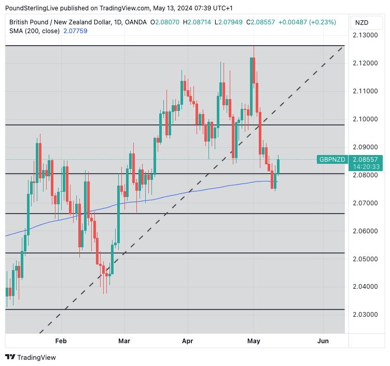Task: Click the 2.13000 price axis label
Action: point(366,35)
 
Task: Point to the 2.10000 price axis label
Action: point(366,119)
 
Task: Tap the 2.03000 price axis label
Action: point(366,314)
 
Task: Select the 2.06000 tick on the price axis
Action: point(366,231)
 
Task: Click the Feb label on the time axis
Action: point(61,341)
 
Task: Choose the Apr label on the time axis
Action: point(188,341)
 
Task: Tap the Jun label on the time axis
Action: point(323,341)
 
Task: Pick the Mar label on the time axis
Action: point(124,341)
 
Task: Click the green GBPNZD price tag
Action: point(332,159)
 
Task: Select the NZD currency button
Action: point(361,23)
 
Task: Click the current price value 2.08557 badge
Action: point(365,159)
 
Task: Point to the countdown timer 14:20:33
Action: point(365,166)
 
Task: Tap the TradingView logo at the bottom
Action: point(31,357)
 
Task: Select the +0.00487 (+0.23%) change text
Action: point(307,22)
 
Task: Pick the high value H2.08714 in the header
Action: point(201,22)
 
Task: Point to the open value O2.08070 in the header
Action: point(165,22)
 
